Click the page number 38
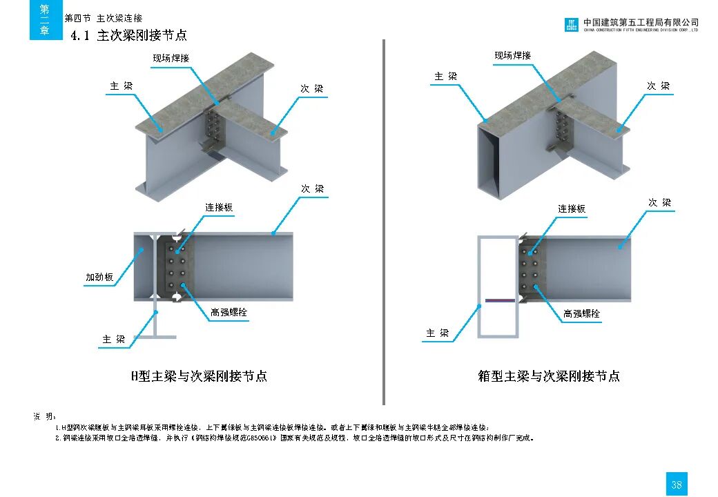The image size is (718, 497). click(x=676, y=485)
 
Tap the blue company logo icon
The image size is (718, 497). click(x=572, y=25)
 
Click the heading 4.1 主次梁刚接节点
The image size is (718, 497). click(x=129, y=36)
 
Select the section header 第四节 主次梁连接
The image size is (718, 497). click(x=104, y=19)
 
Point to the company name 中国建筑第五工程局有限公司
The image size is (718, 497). click(x=641, y=22)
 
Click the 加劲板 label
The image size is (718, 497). click(x=99, y=278)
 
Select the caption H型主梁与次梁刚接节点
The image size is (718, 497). click(x=199, y=376)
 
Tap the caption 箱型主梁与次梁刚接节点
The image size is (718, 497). click(x=549, y=376)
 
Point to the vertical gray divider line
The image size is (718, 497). click(x=384, y=221)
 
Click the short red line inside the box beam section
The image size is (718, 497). click(x=498, y=301)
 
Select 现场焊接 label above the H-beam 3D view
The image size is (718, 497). click(x=171, y=58)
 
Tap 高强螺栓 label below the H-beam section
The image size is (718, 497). click(x=229, y=313)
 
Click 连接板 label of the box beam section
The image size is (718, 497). click(x=572, y=208)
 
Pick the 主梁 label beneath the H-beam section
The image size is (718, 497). click(x=114, y=339)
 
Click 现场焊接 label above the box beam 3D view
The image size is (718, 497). click(x=512, y=55)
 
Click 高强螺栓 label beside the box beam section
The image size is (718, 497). click(x=581, y=313)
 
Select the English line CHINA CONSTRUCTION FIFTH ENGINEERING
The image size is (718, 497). click(x=641, y=30)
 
